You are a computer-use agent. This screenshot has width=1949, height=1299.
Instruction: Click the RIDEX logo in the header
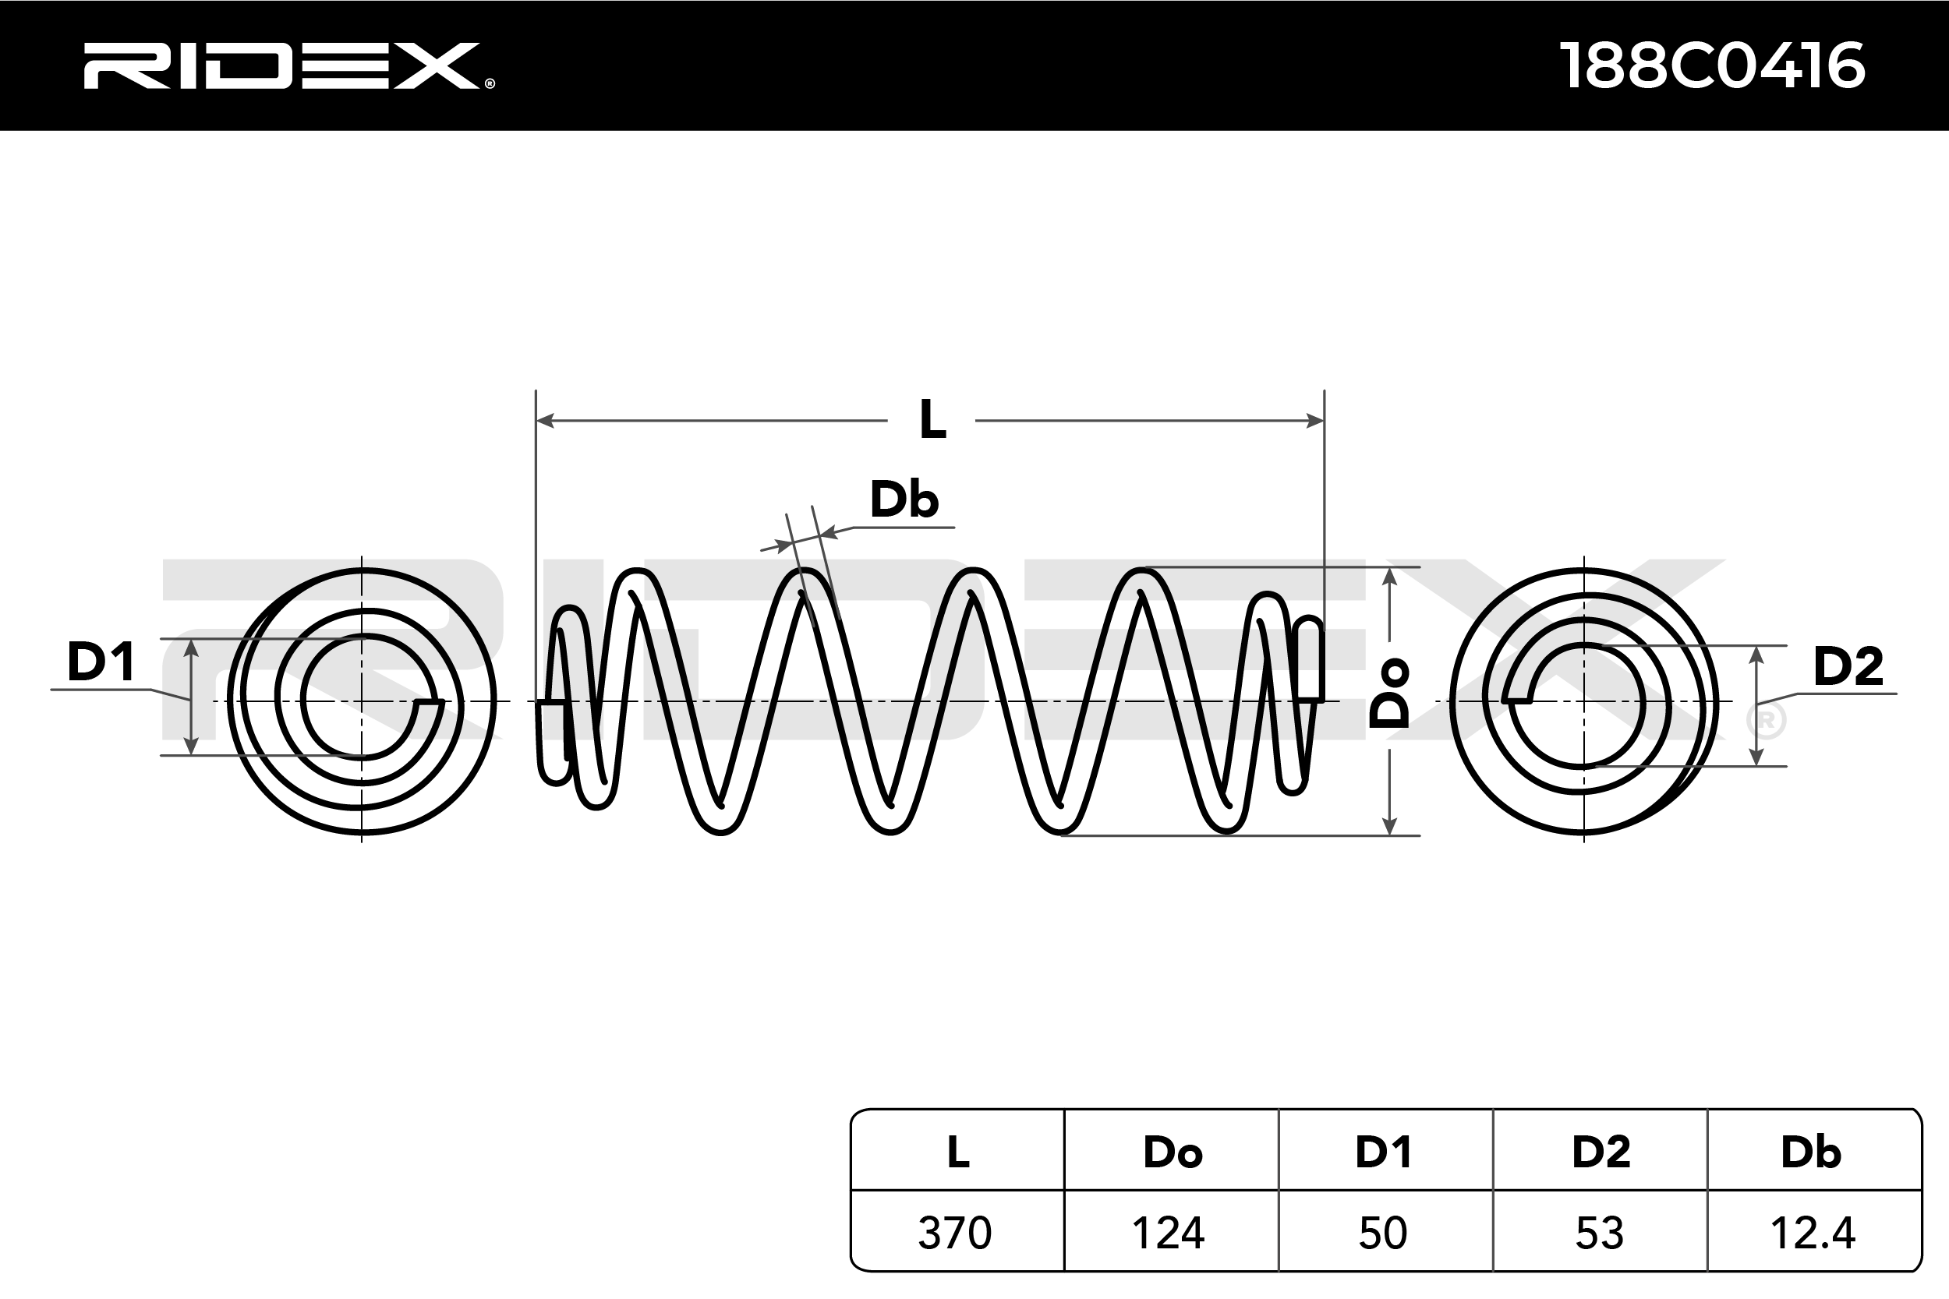(288, 65)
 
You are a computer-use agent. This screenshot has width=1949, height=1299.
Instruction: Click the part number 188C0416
(1712, 65)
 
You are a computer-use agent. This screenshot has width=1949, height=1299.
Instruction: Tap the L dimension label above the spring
(932, 420)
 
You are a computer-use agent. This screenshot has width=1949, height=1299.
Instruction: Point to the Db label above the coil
(904, 499)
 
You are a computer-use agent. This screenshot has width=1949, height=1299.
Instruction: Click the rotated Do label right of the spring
(1388, 694)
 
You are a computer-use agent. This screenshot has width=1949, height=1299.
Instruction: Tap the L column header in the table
(958, 1152)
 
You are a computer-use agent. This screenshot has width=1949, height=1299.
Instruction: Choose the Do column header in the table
(1173, 1152)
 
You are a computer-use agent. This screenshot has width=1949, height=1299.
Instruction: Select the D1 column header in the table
(1383, 1152)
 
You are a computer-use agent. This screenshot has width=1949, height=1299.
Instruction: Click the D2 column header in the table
(1601, 1152)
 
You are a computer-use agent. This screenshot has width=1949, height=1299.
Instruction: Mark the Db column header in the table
(1812, 1152)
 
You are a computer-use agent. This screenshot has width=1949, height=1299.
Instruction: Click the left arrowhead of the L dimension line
(545, 421)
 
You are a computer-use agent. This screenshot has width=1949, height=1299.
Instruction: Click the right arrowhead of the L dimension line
(1315, 421)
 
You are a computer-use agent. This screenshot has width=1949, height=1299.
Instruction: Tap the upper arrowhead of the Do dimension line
(1390, 577)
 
